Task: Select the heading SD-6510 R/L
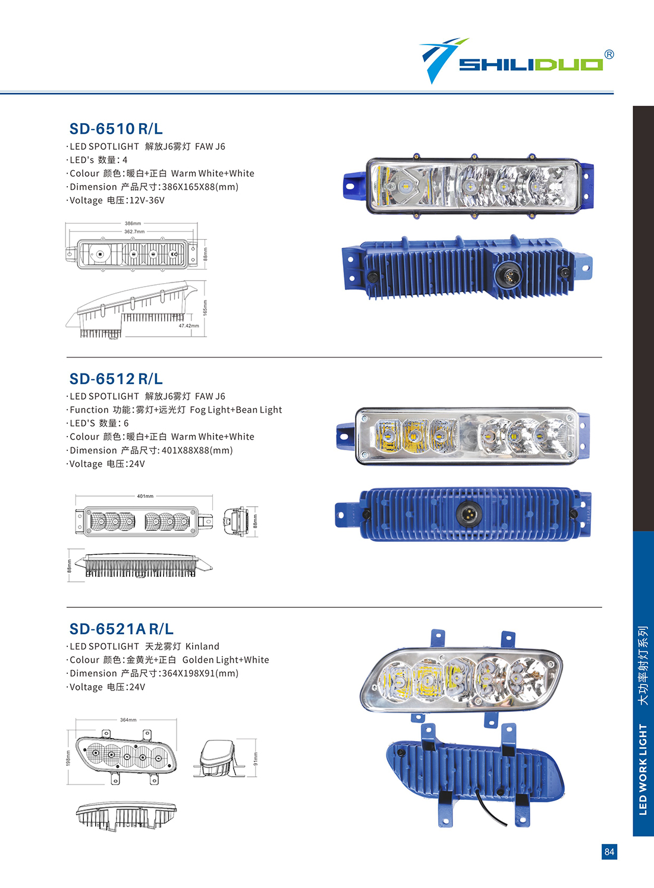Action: [116, 129]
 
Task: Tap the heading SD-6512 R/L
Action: [116, 379]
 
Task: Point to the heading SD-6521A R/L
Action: [121, 629]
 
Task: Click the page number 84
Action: [609, 852]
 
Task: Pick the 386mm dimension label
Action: [133, 224]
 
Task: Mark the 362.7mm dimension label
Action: [134, 231]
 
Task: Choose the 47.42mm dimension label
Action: [188, 326]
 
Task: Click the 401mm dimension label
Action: [145, 496]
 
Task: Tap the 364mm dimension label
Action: [128, 720]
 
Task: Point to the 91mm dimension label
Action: [255, 758]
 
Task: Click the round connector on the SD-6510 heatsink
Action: [504, 274]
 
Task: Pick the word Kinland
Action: [202, 647]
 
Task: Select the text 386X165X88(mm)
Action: [200, 187]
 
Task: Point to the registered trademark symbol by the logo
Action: [609, 54]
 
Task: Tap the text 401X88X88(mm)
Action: [197, 451]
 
